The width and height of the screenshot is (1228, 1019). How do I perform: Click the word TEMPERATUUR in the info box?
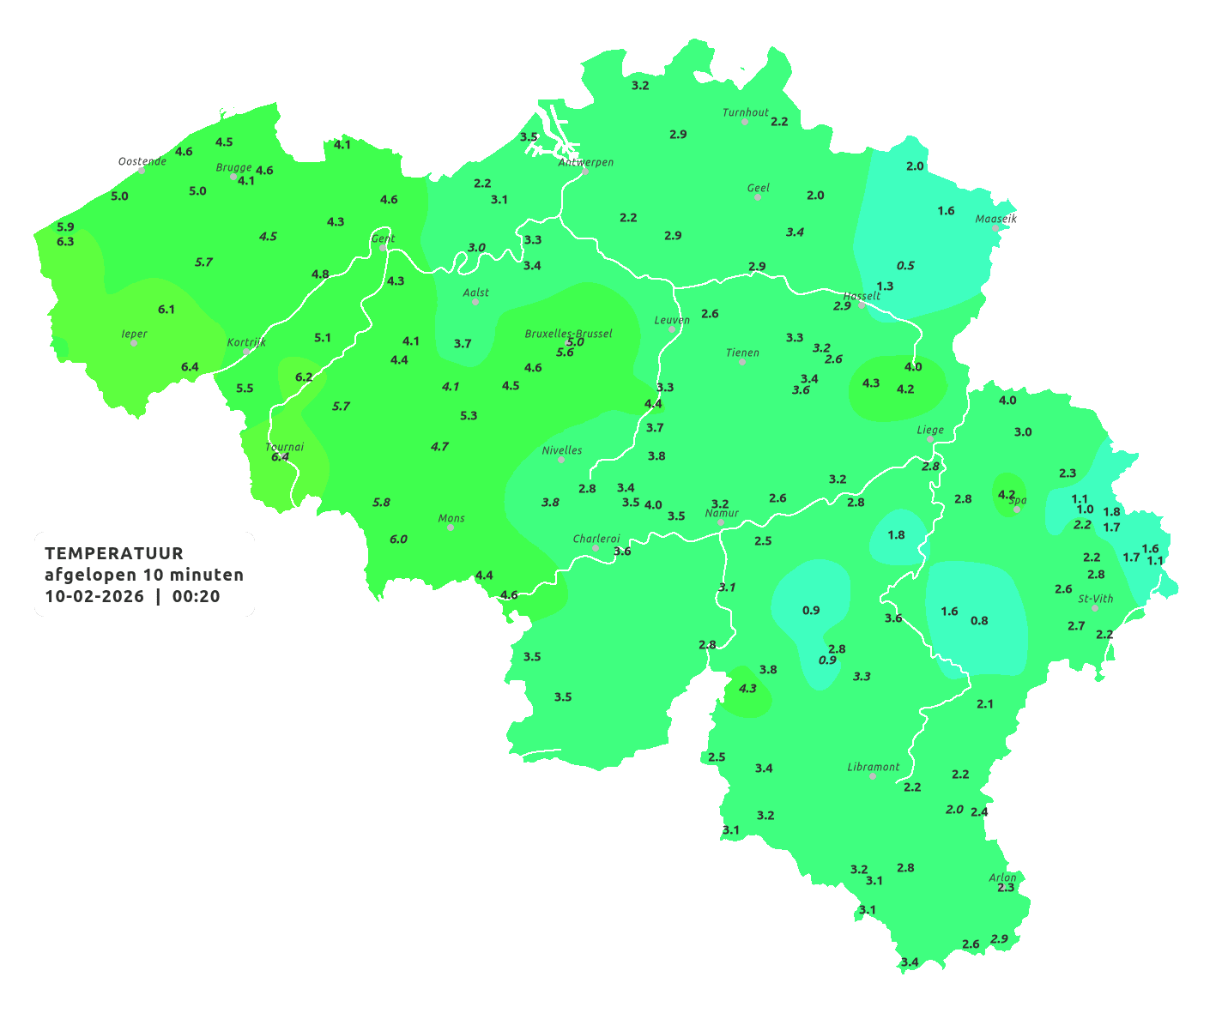[114, 553]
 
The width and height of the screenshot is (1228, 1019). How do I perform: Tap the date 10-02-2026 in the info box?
[94, 597]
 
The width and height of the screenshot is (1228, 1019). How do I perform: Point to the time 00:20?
[196, 597]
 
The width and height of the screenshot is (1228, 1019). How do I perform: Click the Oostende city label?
[142, 161]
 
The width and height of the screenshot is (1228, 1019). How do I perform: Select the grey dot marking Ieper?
[133, 343]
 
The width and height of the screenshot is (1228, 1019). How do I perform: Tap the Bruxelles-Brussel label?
[568, 334]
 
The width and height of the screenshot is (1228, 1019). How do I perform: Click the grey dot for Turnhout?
[745, 122]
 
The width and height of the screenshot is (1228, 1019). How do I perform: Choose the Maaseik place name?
[995, 220]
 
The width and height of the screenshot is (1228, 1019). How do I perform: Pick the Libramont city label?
[873, 767]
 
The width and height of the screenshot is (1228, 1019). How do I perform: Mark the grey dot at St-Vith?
[1095, 608]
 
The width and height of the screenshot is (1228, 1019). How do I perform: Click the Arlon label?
[1002, 877]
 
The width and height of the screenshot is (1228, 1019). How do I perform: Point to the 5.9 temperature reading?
[65, 227]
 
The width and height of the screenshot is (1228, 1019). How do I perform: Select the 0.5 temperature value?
[905, 266]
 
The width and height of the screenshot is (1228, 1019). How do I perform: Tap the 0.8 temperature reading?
[979, 621]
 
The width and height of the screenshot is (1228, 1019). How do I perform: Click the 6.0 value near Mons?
[398, 540]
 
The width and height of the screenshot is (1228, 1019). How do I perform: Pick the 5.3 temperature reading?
[469, 416]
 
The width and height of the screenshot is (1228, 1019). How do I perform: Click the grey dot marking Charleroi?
[596, 548]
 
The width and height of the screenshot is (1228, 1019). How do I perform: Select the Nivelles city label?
[562, 450]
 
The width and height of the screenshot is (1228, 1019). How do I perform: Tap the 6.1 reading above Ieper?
[166, 310]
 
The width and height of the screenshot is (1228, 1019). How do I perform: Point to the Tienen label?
[742, 353]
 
